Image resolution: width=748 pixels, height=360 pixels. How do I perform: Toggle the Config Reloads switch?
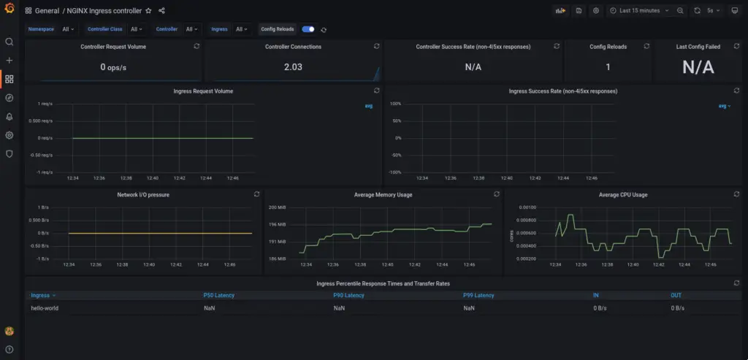click(x=308, y=29)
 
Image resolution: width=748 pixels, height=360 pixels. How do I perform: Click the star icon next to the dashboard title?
click(x=148, y=11)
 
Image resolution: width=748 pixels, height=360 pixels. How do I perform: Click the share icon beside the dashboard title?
click(x=161, y=11)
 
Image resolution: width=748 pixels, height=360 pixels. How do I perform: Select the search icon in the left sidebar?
click(x=9, y=42)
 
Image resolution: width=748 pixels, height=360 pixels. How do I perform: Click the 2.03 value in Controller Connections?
click(x=293, y=67)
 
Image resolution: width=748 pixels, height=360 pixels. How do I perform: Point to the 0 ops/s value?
click(x=113, y=67)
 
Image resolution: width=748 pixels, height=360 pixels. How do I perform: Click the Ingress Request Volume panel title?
click(x=203, y=91)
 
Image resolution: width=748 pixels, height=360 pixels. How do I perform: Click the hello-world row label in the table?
click(x=45, y=308)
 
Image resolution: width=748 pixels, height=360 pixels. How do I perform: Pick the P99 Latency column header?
click(x=478, y=296)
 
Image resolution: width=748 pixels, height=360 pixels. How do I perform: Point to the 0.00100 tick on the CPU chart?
click(x=526, y=207)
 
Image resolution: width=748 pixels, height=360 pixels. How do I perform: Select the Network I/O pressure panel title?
click(x=143, y=195)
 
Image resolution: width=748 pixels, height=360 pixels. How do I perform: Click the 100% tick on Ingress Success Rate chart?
click(x=395, y=104)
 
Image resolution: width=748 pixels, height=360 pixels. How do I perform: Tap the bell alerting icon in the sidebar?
click(x=9, y=117)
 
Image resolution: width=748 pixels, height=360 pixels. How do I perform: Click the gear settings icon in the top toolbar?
click(x=596, y=11)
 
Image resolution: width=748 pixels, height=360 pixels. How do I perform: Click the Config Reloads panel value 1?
click(x=608, y=67)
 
